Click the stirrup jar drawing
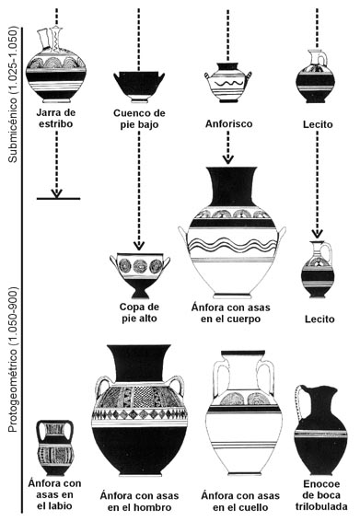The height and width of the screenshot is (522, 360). (56, 65)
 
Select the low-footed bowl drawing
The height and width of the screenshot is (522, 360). (139, 87)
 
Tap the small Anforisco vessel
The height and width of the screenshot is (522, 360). (228, 83)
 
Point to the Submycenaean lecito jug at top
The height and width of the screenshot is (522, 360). (316, 76)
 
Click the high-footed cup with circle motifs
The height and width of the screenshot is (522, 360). (140, 275)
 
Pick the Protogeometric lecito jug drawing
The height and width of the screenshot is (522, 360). (318, 269)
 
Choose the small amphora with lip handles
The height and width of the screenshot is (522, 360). (55, 447)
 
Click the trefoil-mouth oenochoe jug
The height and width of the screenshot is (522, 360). (320, 430)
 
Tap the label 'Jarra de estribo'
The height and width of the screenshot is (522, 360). (55, 118)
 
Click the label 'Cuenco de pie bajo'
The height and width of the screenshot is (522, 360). (139, 119)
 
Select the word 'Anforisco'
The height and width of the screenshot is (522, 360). (228, 124)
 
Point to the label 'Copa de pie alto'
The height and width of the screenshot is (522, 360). (139, 313)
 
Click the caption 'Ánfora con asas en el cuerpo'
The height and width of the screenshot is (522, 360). (230, 313)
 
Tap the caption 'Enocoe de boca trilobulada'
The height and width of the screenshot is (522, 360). (321, 495)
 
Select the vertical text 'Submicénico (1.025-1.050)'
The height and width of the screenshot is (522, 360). (12, 96)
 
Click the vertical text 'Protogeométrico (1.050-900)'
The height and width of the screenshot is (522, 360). (12, 360)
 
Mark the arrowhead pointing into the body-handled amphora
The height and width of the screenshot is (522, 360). (227, 159)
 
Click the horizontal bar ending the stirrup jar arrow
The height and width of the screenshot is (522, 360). (58, 199)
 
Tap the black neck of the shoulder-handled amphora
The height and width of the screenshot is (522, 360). (139, 364)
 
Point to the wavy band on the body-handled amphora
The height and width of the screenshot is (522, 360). (232, 245)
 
